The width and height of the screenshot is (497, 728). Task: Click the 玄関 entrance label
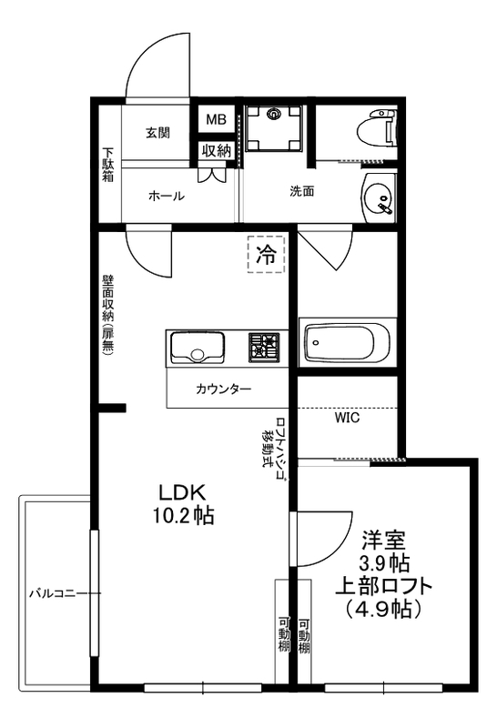[157, 132]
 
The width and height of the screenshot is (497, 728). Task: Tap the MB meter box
[216, 120]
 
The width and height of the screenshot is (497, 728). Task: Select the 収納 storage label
[216, 150]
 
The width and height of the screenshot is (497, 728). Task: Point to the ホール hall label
[166, 196]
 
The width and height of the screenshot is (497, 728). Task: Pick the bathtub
[347, 343]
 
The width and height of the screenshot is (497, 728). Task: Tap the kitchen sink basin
[196, 349]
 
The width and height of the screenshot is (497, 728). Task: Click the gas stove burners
[265, 346]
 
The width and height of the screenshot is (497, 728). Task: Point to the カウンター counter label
[223, 389]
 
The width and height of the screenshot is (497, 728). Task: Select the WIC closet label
[347, 420]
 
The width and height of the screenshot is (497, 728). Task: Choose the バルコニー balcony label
[56, 592]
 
